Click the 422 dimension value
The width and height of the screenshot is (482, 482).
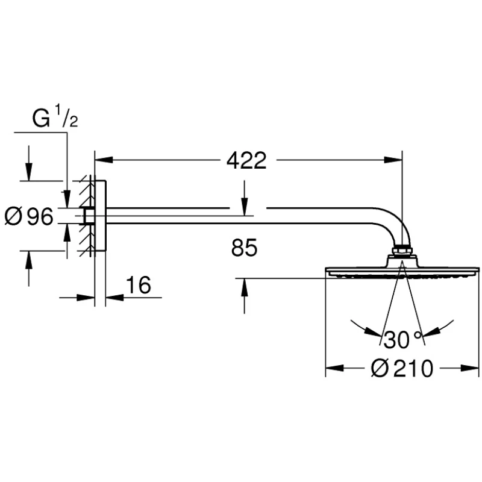246,160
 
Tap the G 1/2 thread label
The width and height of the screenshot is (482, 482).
55,116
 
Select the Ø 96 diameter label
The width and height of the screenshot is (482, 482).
29,216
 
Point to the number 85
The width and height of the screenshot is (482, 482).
245,248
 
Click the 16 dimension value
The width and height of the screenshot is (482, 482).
139,284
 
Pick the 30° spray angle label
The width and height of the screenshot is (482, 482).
402,340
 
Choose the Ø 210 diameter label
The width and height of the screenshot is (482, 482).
402,368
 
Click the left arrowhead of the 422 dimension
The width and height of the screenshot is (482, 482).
104,160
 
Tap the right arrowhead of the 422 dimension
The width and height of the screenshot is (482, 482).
393,160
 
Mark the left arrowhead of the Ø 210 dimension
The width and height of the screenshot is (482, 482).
334,368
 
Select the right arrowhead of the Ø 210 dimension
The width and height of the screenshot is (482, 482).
470,368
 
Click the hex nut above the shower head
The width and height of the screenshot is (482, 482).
402,250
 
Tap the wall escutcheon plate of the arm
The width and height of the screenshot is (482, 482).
101,216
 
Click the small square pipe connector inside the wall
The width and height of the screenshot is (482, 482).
89,216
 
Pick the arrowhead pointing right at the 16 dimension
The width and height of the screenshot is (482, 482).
86,297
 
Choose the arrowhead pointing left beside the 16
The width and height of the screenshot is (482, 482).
114,297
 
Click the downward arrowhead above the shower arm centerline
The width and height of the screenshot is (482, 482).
245,207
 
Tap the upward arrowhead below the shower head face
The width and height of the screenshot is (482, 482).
245,287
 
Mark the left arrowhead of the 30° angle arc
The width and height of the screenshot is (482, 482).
372,332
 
